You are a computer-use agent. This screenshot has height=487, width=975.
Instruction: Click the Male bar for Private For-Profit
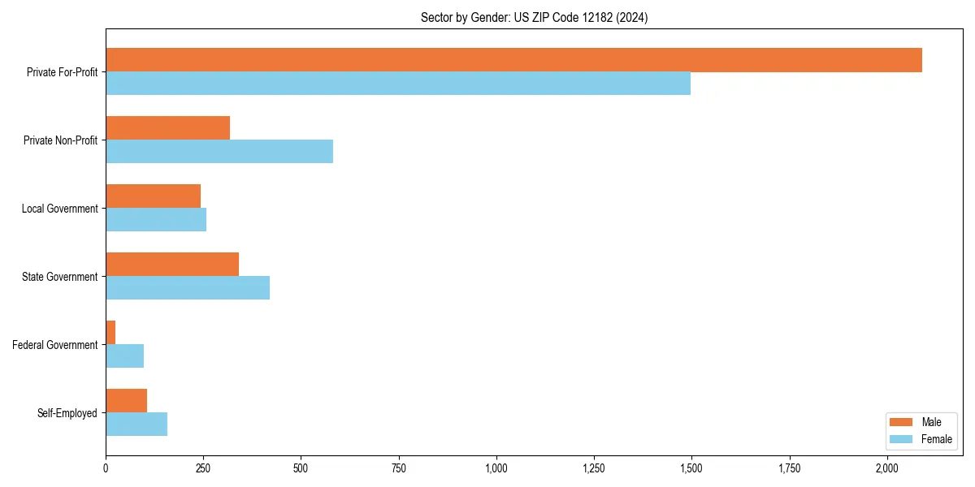513,60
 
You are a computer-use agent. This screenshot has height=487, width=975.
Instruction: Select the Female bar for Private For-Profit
398,84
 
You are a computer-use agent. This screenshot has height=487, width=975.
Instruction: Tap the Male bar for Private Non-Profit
168,128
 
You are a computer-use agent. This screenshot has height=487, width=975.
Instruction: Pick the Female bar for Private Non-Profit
219,152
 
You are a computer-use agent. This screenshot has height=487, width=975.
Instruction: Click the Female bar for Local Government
156,220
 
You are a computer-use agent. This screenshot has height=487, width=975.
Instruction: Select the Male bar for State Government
172,265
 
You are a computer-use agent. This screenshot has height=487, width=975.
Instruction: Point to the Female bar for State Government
188,288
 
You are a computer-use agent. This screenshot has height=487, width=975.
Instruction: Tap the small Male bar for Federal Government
110,333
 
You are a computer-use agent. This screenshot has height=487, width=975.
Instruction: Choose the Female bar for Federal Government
125,356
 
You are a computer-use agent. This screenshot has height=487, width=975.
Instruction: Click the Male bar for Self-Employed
127,401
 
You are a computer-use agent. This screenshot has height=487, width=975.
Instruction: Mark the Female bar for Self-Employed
136,425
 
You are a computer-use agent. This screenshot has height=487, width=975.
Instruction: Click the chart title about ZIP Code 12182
534,17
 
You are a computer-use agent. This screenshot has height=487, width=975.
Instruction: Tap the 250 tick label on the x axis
203,468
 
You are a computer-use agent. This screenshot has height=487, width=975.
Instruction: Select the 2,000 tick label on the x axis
886,468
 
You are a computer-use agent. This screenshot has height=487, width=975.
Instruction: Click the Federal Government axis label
55,345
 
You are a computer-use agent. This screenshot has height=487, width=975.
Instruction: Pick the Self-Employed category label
67,413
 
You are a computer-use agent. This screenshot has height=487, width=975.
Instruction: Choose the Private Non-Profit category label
60,140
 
